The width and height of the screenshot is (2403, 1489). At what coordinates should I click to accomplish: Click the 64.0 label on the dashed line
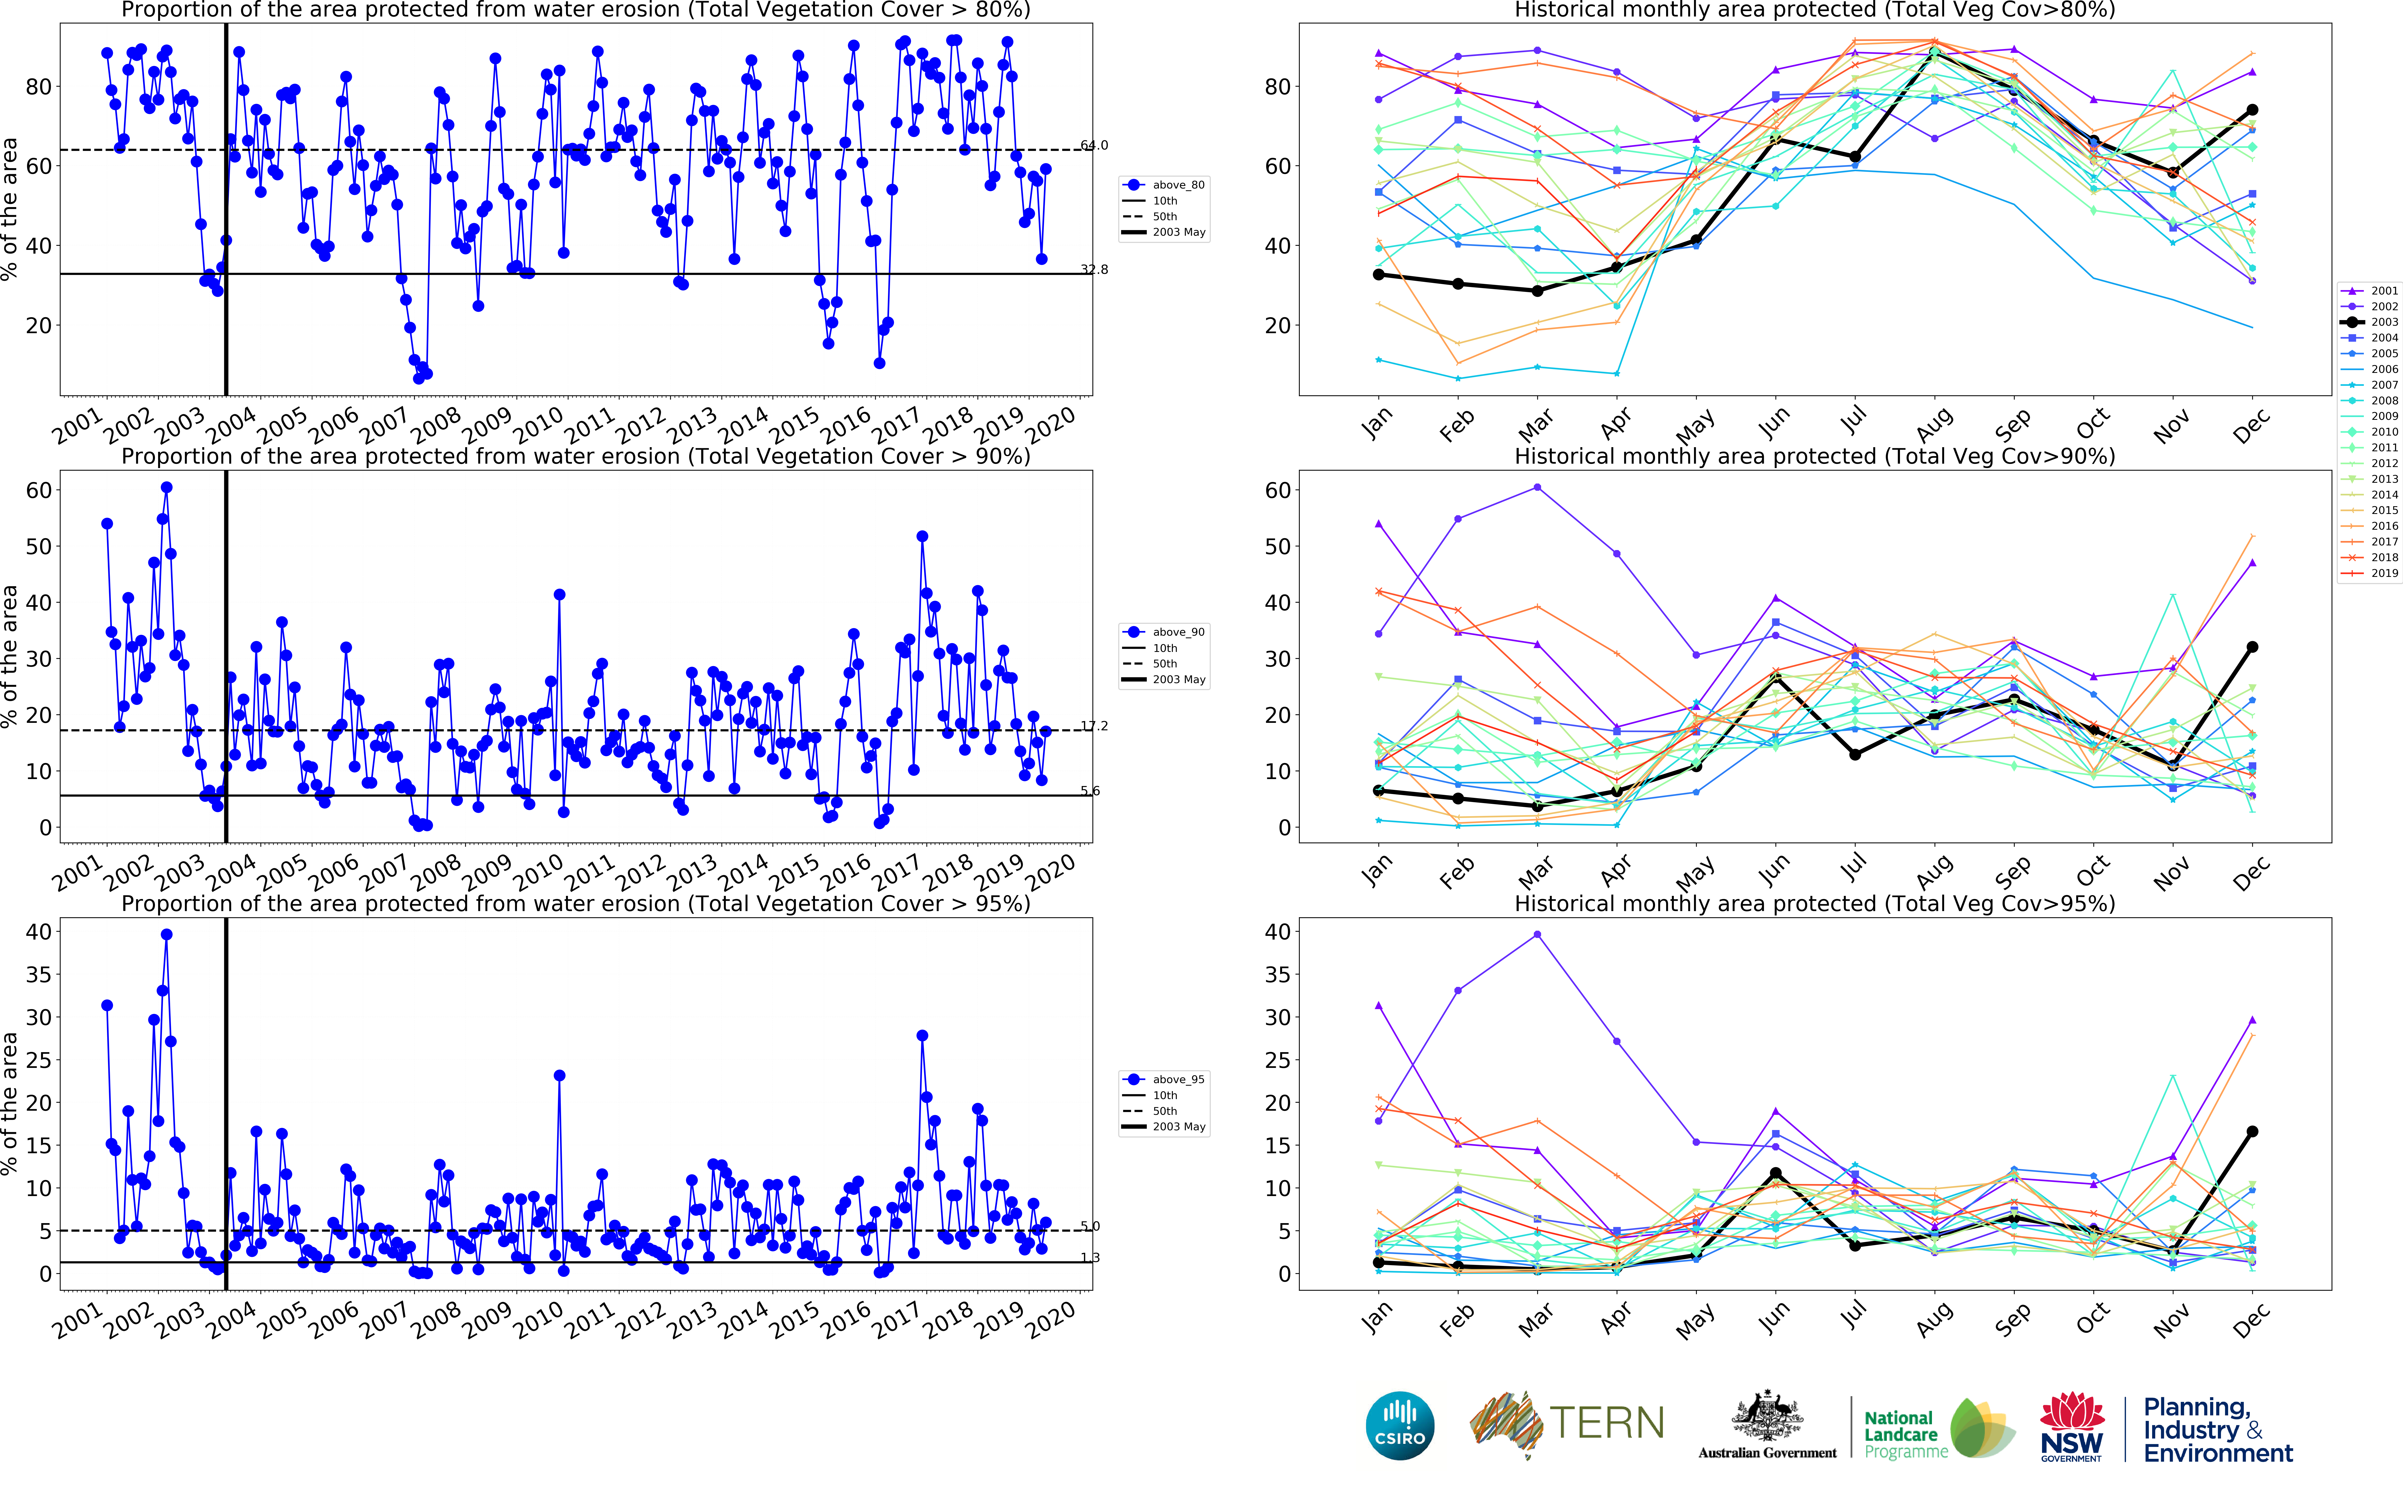[1094, 146]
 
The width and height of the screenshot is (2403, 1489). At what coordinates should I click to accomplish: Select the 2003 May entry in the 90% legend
[1178, 680]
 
